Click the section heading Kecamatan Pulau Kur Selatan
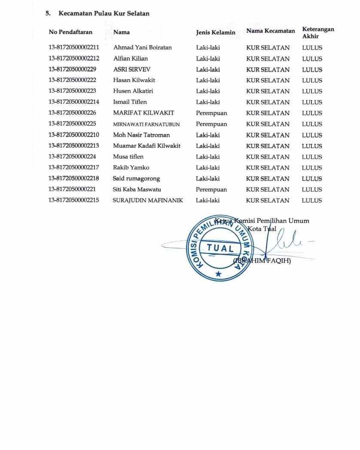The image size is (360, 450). point(104,13)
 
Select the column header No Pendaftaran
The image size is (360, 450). point(70,32)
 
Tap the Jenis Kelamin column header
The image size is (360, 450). point(215,32)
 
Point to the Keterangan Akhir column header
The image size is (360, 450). point(318,33)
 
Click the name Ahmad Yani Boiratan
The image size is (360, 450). point(142,48)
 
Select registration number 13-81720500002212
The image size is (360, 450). point(74,58)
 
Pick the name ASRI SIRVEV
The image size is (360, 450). point(132,70)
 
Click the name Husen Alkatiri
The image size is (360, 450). point(133,91)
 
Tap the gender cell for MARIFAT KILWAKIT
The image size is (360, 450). point(211,113)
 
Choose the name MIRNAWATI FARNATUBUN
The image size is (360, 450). point(146,124)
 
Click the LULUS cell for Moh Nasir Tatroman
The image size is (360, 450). point(312,135)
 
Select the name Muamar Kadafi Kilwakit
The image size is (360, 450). point(146,146)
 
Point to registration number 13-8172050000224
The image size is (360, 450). point(72,157)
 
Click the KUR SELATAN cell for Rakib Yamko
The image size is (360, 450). point(268,167)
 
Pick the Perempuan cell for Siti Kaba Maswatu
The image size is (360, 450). point(211,189)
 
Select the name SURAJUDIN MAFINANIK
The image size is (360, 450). point(148,201)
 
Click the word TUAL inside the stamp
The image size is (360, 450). point(220,248)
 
